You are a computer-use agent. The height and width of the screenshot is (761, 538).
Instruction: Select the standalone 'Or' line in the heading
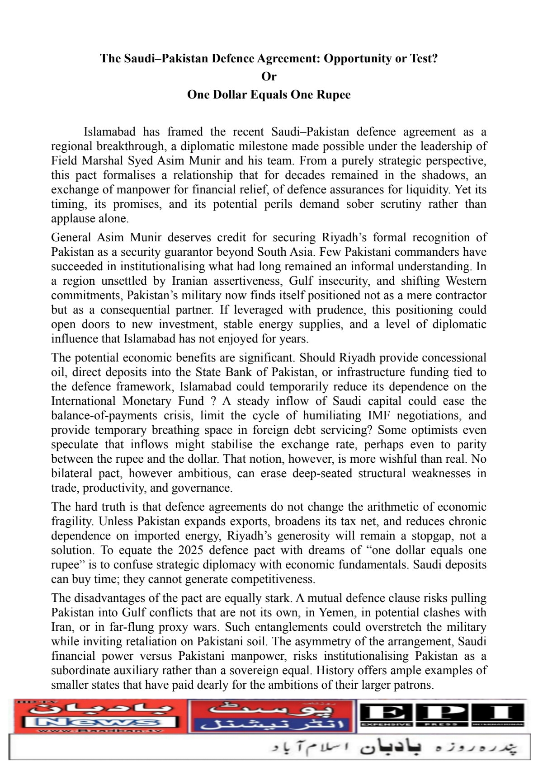coord(269,77)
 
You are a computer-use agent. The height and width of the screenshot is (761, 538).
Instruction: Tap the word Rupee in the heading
coord(334,95)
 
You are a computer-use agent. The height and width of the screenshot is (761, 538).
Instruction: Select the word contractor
coord(460,296)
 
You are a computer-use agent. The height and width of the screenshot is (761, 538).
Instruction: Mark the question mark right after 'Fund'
coord(212,401)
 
